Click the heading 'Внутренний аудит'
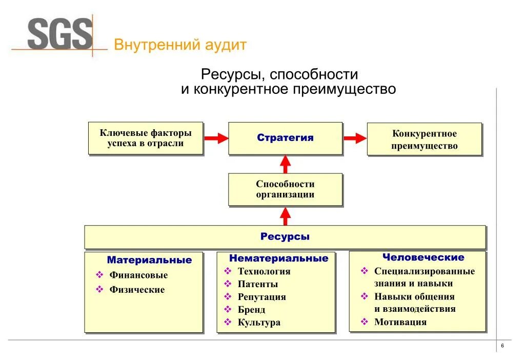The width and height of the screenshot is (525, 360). [x=180, y=45]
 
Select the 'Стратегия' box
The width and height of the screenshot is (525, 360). [x=285, y=138]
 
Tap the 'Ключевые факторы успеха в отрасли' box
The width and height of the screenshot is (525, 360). [x=146, y=138]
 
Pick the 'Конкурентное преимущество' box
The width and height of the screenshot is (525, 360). [x=424, y=139]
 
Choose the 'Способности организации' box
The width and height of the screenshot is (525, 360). [x=285, y=189]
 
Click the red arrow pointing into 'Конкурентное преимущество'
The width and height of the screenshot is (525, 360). [x=354, y=138]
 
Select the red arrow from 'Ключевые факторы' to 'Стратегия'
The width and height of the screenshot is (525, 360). [x=216, y=138]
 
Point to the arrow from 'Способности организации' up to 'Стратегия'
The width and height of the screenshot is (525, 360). [x=286, y=164]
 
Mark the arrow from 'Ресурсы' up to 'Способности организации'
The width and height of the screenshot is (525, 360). [x=286, y=216]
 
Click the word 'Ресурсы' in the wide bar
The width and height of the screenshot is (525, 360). [x=285, y=237]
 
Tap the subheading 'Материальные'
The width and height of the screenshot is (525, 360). [x=149, y=260]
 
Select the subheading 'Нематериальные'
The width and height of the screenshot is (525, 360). [x=278, y=258]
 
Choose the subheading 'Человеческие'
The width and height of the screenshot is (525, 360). [x=423, y=257]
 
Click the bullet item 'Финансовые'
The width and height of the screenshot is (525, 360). [x=138, y=275]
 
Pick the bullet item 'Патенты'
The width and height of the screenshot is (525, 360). [x=258, y=284]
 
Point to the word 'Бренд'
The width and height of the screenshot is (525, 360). [x=252, y=310]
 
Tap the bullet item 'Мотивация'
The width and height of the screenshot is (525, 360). [x=400, y=322]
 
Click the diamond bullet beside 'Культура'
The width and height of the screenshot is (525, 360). [x=228, y=323]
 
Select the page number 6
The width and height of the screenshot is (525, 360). [x=502, y=347]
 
